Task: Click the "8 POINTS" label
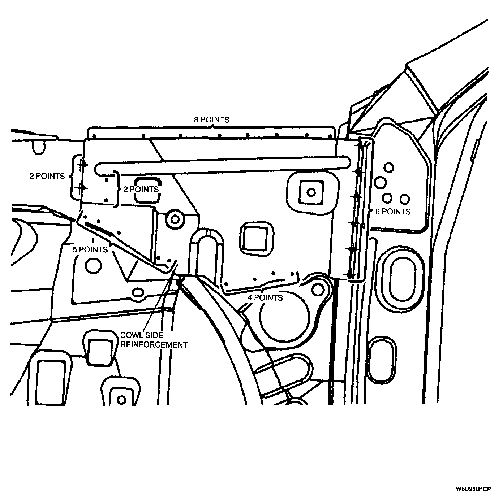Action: point(211,120)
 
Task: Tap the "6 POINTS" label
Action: point(393,212)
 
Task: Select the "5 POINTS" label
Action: point(90,249)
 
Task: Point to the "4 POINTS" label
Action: point(265,297)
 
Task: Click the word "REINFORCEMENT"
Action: point(154,345)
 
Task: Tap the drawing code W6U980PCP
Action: point(473,490)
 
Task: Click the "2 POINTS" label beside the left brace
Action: point(47,176)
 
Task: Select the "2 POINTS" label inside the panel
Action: point(141,189)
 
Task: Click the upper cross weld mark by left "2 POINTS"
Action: point(82,165)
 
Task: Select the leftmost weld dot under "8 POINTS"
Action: point(93,137)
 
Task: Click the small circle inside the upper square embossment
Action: point(310,192)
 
